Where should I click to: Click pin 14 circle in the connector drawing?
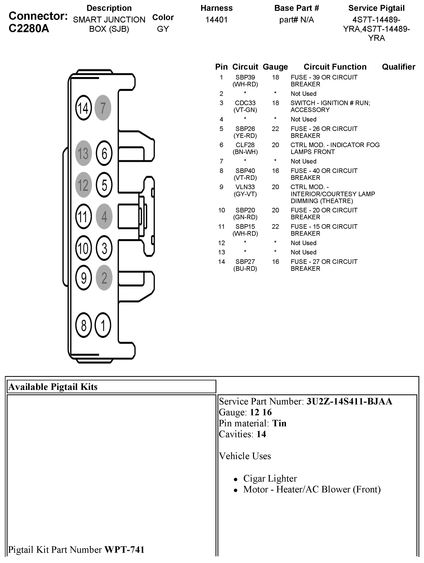[x=83, y=108]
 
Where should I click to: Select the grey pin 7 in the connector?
[x=103, y=108]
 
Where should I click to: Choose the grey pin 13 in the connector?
[x=83, y=153]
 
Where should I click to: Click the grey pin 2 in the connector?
[x=104, y=278]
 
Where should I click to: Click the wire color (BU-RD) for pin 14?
[x=245, y=269]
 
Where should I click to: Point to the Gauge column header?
[x=275, y=67]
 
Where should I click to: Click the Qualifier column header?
[x=398, y=67]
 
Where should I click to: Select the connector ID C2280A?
[x=29, y=29]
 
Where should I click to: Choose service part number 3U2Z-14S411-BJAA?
[x=349, y=401]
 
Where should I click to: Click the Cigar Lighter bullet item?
[x=270, y=478]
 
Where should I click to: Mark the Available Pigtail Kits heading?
[x=53, y=387]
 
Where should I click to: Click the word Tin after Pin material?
[x=279, y=423]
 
